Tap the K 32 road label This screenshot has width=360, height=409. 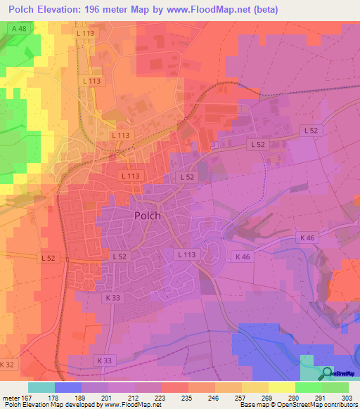click(x=6, y=364)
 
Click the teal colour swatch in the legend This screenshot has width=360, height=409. click(x=41, y=387)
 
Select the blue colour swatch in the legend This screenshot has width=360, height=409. click(x=68, y=387)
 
